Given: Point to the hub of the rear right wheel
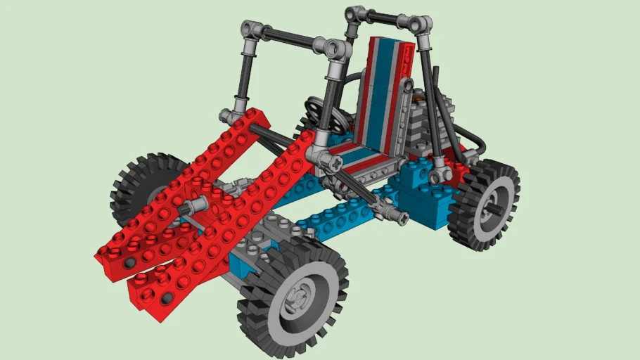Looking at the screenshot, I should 492,209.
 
